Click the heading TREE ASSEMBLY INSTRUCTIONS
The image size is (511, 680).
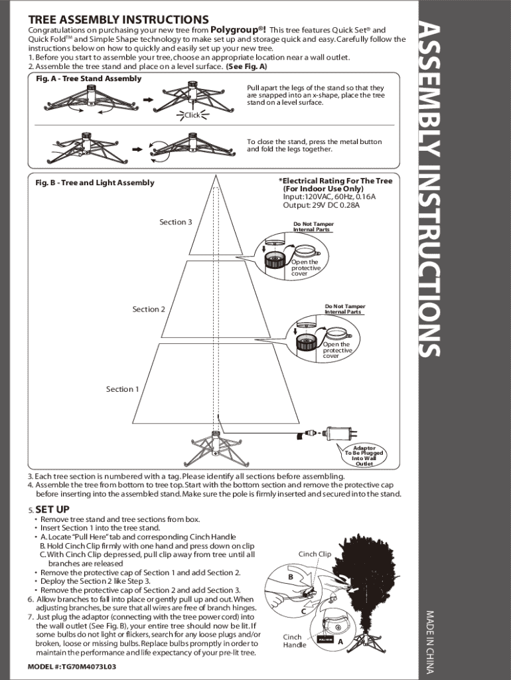coord(118,20)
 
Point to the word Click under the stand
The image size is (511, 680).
coord(192,115)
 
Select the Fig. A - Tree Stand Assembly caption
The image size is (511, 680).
coord(88,78)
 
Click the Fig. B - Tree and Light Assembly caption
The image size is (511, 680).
coord(95,183)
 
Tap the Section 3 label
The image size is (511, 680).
coord(176,222)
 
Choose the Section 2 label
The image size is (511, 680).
coord(149,309)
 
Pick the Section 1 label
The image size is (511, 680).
coord(123,389)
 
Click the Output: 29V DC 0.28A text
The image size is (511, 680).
coord(321,205)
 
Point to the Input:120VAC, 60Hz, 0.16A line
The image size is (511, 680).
coord(329,197)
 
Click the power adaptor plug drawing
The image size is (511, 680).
coord(341,433)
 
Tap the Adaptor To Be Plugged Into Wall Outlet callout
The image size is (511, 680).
coord(364,456)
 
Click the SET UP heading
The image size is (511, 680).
coord(52,509)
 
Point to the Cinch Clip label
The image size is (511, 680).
coord(315,554)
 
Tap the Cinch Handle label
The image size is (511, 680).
coord(295,641)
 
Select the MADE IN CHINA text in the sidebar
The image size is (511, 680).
coord(430,642)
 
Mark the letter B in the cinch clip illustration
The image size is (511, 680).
coord(291,577)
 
